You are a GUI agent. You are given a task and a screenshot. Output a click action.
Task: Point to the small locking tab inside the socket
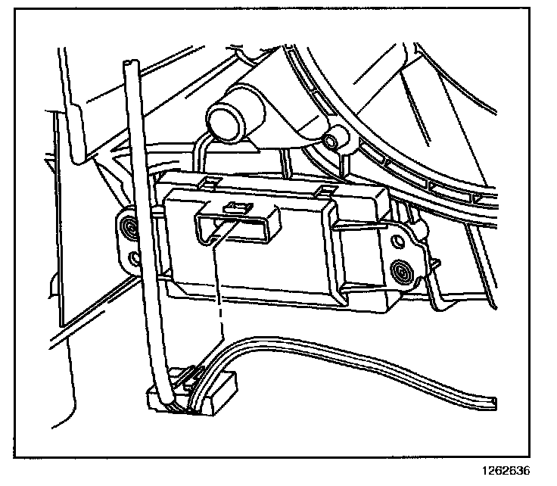click(x=235, y=207)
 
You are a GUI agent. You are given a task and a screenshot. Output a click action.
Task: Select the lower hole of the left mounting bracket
click(x=135, y=258)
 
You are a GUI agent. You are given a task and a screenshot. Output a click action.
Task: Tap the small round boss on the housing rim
click(x=330, y=142)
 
